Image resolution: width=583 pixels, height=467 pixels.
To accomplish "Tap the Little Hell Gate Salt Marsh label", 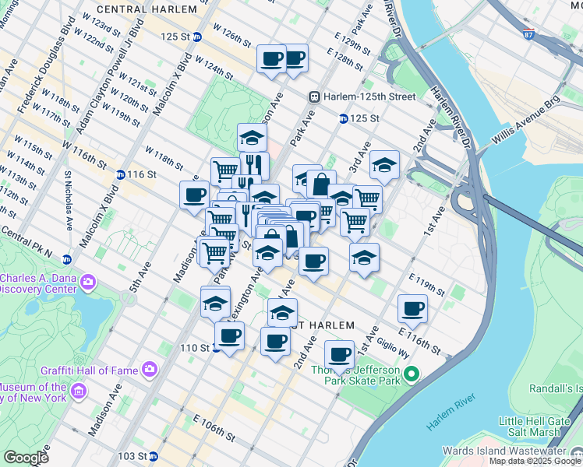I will [538, 427].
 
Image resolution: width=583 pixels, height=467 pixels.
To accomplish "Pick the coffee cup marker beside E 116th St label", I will [412, 309].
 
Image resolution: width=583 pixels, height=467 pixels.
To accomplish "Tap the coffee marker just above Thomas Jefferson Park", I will [339, 354].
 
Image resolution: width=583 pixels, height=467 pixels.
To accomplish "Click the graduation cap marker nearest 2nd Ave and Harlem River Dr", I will [384, 165].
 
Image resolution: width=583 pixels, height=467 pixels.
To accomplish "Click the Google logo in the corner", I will [26, 458].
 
